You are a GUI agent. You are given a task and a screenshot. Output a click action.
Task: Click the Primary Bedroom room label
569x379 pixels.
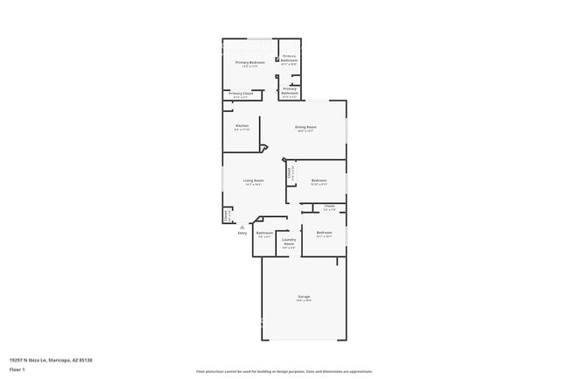coord(250,63)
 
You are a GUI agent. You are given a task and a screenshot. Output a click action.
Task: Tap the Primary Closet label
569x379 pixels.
coord(241,93)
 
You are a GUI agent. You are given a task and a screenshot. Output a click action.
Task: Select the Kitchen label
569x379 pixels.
coord(242,126)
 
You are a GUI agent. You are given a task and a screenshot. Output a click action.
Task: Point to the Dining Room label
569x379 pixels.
coord(306,127)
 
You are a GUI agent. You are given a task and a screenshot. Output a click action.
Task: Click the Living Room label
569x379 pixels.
coord(254,180)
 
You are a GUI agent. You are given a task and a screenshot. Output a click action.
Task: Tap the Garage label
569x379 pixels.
coord(304,298)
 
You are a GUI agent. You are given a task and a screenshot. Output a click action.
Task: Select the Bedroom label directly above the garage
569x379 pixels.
coord(324,233)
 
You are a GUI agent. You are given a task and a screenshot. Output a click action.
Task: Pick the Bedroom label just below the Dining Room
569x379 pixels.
coord(319,180)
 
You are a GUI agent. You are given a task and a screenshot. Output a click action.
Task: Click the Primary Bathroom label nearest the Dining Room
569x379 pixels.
coord(290,90)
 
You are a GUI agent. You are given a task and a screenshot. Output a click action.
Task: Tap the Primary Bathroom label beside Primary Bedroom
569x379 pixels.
coord(289,60)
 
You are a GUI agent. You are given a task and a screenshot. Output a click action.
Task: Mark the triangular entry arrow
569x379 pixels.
coord(242,225)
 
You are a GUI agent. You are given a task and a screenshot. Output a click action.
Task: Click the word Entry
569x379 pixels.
coord(242,232)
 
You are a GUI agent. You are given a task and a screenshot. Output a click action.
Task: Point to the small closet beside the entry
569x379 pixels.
coord(227,213)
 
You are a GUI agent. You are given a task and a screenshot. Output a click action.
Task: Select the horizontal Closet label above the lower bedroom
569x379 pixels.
coord(329,207)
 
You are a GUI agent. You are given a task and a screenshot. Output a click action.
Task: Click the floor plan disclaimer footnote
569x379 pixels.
coord(284,371)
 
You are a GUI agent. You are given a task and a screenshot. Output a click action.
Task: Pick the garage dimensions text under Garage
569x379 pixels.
coord(304,302)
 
